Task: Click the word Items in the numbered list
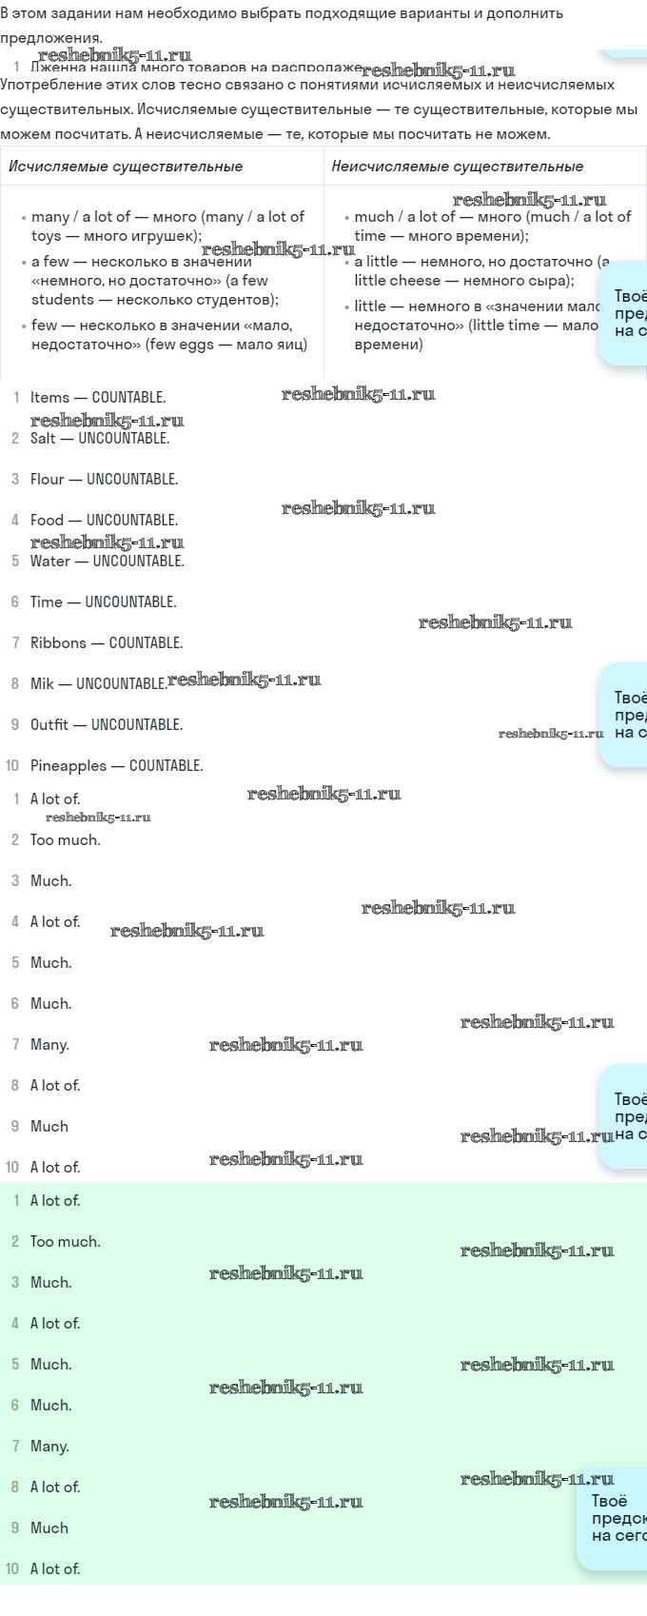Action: [49, 398]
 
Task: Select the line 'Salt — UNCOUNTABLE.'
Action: [100, 439]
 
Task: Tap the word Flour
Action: [47, 480]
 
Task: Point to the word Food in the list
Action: [47, 521]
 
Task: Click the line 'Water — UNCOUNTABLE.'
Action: [108, 562]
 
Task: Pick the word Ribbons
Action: [58, 643]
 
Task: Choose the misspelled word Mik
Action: [42, 684]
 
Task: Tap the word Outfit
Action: [49, 725]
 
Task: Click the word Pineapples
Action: [69, 766]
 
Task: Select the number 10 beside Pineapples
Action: [12, 766]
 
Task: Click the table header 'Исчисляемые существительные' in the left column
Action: [126, 167]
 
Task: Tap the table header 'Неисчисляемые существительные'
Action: [457, 167]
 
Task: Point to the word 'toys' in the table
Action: [46, 236]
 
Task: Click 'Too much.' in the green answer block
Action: [65, 1242]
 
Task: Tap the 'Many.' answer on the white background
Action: [49, 1045]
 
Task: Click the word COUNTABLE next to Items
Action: [128, 398]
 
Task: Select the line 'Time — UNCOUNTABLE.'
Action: [103, 602]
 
